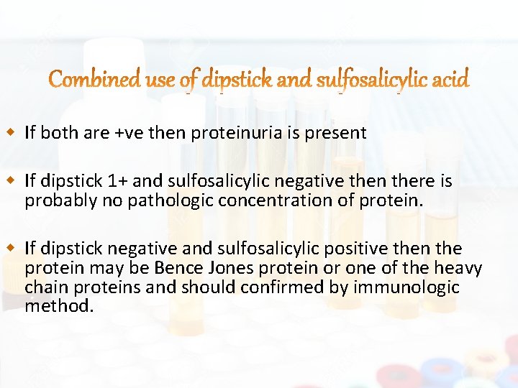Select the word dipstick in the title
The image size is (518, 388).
[x=237, y=80]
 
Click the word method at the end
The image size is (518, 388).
[x=57, y=305]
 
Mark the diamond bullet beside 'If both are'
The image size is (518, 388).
[x=10, y=133]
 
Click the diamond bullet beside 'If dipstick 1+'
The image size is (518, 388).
[x=10, y=180]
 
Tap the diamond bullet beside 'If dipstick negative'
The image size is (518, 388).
[x=10, y=249]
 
